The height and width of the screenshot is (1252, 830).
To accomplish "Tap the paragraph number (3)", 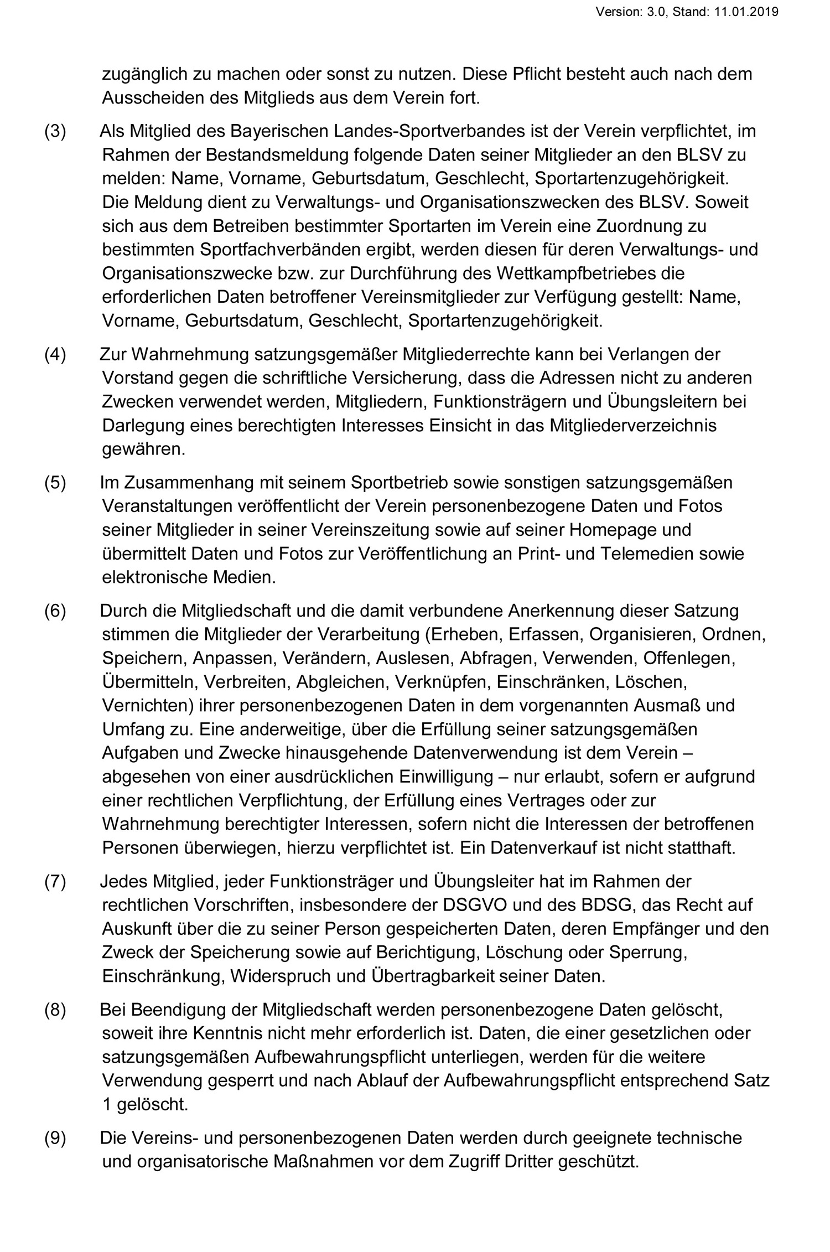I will (x=55, y=132).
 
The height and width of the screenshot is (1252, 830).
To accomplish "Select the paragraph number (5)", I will (x=55, y=483).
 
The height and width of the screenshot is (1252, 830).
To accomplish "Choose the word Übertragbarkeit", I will (x=433, y=976).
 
